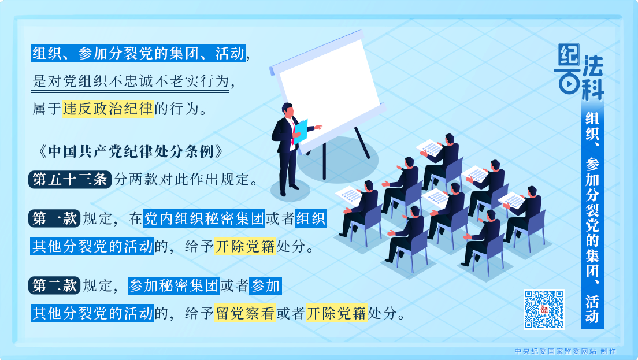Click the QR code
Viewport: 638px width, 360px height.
[543, 309]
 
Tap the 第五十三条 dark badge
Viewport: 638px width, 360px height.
[69, 180]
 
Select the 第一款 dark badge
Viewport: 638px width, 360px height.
[54, 219]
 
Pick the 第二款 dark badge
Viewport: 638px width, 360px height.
[54, 285]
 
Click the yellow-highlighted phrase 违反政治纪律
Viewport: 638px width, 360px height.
[108, 109]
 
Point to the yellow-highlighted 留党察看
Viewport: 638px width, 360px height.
[246, 313]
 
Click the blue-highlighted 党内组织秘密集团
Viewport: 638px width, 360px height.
[203, 219]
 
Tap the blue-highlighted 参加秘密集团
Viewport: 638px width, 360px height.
[173, 285]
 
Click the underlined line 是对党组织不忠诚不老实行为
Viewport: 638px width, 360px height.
[131, 81]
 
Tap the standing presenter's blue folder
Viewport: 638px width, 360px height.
[301, 131]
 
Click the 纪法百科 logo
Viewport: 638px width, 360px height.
[581, 72]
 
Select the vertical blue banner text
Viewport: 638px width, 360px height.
[592, 217]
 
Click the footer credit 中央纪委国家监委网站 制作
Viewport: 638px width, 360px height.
[565, 351]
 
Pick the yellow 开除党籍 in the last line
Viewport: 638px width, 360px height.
[336, 313]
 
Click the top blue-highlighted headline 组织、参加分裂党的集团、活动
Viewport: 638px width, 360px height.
[138, 54]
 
